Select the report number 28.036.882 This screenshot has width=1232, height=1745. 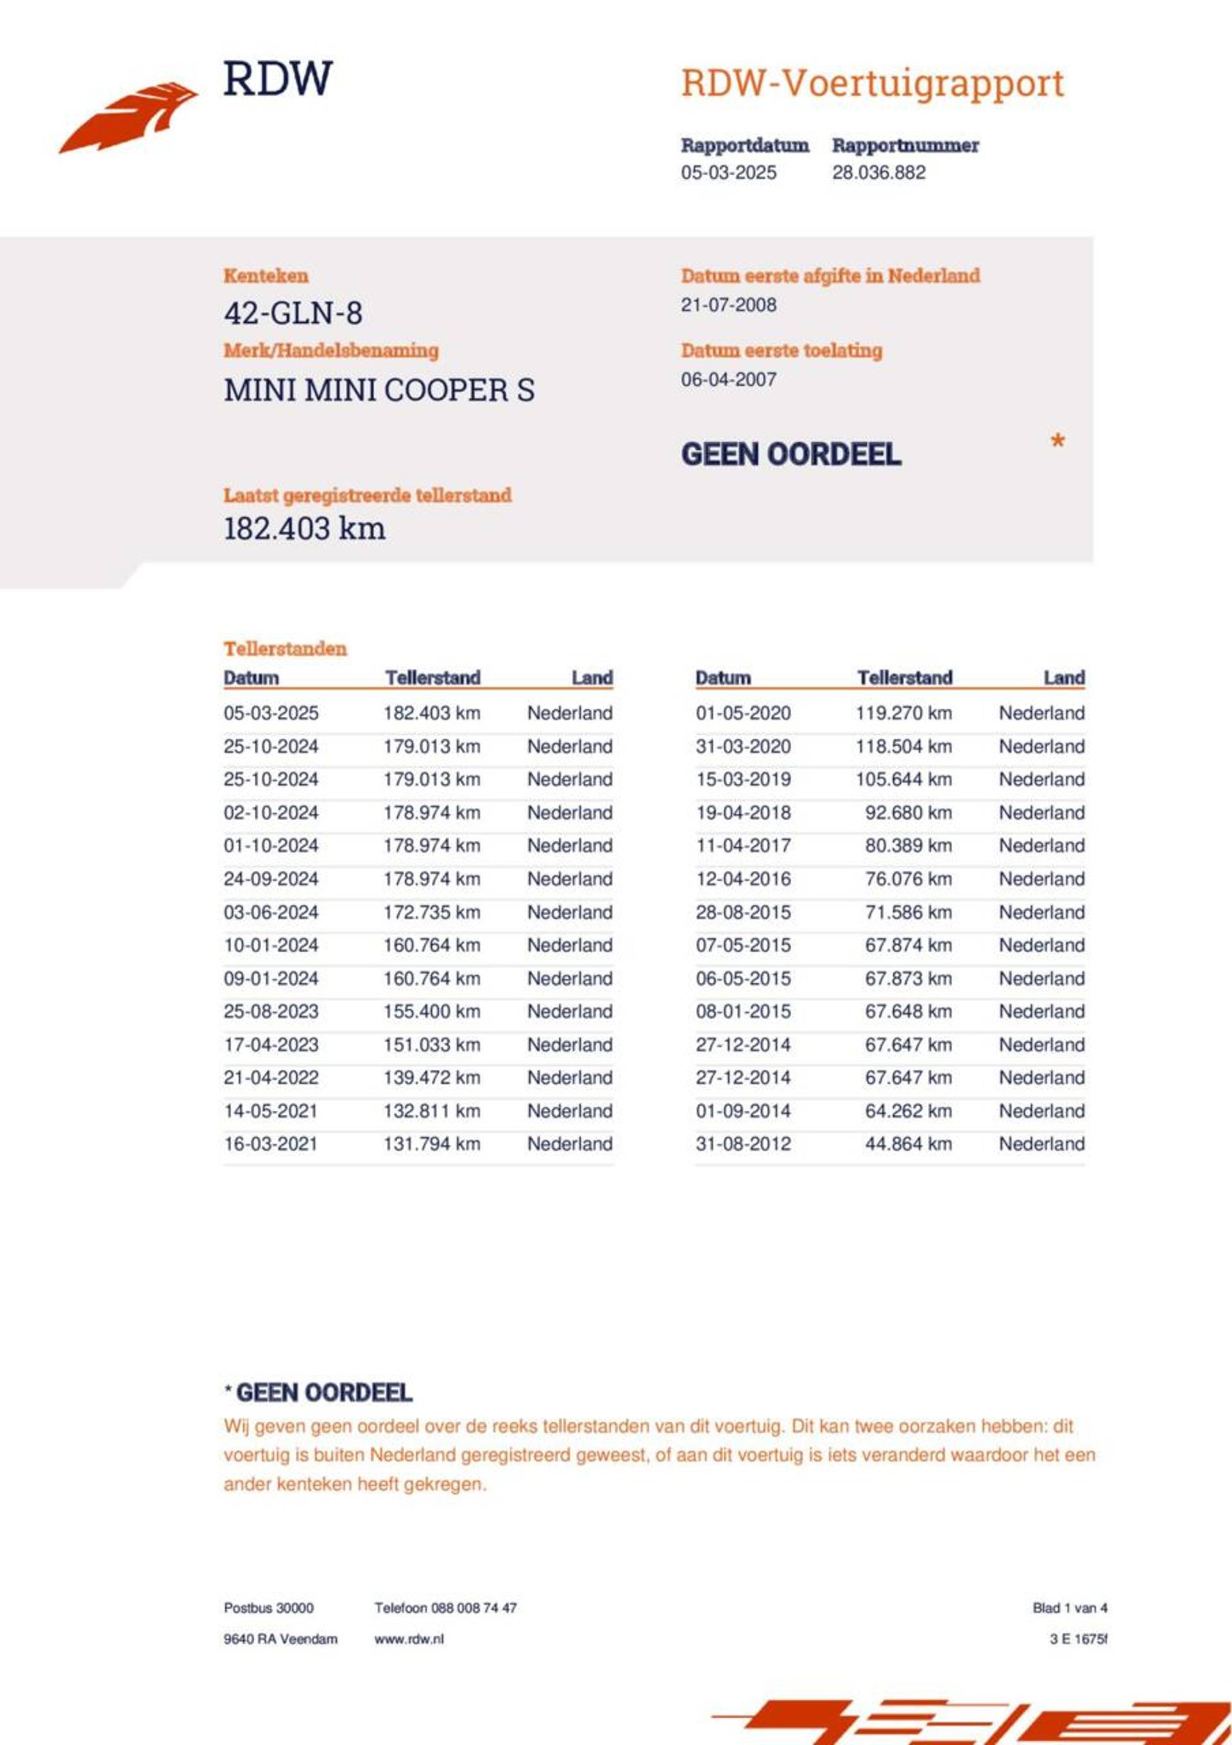[878, 173]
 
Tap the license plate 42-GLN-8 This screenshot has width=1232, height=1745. [293, 313]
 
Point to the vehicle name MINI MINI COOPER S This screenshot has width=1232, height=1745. [379, 390]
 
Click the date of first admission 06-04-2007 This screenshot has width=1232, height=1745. [728, 379]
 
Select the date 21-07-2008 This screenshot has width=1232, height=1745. [728, 305]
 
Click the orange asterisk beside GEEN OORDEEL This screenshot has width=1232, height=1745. [1056, 442]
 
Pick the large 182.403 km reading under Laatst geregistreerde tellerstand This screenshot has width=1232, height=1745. [304, 528]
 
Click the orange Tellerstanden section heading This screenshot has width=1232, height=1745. [285, 648]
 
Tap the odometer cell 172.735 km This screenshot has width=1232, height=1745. [431, 912]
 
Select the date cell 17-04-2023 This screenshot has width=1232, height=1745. [271, 1044]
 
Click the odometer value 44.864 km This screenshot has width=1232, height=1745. [907, 1144]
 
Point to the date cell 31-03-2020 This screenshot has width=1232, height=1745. [742, 746]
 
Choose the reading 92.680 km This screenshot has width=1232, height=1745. [907, 812]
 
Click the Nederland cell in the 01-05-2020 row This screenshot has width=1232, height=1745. [1041, 713]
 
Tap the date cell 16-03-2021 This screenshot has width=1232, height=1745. [271, 1144]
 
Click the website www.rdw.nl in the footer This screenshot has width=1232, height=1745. [408, 1639]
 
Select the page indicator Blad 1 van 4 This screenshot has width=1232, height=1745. [1070, 1608]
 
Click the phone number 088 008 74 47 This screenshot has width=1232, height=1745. [474, 1608]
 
